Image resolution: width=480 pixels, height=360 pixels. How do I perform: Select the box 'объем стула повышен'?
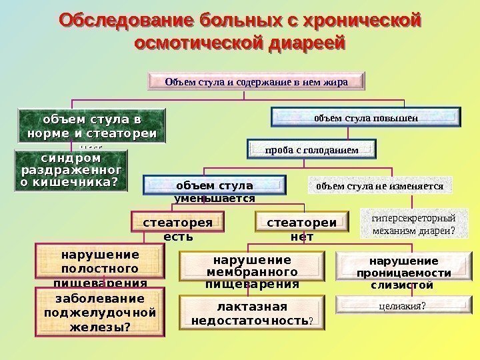point(365,117)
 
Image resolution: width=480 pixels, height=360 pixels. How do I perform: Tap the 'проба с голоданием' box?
point(312,149)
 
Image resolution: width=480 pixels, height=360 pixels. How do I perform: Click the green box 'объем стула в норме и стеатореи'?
point(91,127)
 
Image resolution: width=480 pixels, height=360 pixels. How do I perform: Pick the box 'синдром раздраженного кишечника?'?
point(72,171)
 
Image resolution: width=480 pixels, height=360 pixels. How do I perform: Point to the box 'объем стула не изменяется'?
point(379,186)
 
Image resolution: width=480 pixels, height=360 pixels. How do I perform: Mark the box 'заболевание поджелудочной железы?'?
point(99,312)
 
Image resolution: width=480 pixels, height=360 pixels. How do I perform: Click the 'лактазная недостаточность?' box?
point(251,313)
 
